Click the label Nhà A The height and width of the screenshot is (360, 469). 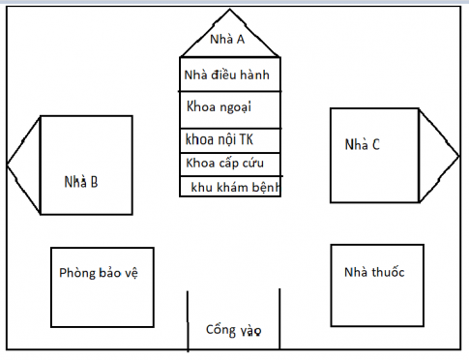[227, 41]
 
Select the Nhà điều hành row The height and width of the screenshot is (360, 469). [230, 75]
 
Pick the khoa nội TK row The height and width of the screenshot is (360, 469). [230, 139]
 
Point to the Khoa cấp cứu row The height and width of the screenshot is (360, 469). [230, 162]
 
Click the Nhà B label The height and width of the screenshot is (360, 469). [80, 181]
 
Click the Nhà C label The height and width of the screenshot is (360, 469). [363, 145]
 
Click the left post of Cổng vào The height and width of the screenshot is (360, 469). [188, 319]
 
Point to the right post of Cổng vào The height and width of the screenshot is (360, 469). [278, 319]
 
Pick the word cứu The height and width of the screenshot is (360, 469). [264, 162]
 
